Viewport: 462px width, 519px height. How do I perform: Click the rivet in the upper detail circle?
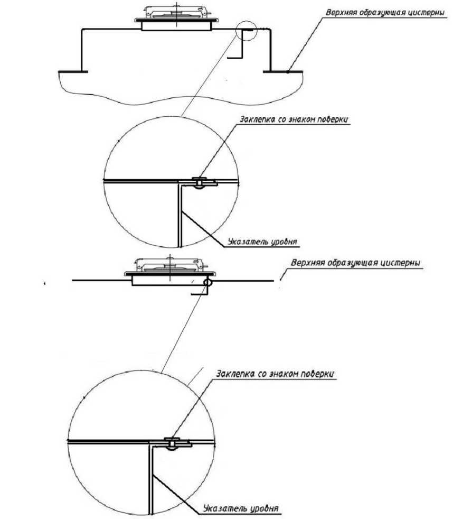click(199, 183)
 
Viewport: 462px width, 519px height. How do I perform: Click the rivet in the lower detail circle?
click(172, 442)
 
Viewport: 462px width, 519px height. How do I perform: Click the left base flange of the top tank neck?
click(73, 71)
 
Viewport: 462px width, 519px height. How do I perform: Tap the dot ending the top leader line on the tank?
click(288, 71)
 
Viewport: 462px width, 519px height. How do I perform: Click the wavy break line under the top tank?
click(181, 99)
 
